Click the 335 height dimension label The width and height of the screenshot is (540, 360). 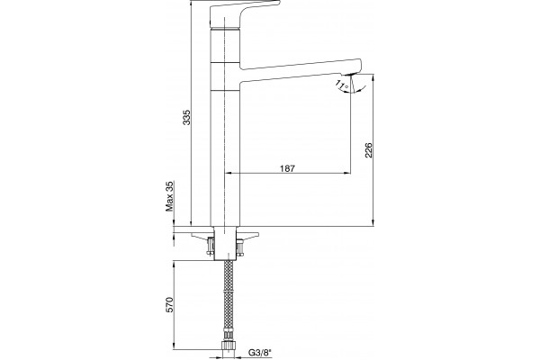tap(186, 118)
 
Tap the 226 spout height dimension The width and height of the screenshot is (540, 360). tap(369, 150)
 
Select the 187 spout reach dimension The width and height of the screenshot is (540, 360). tap(288, 168)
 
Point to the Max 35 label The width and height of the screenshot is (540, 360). tap(170, 196)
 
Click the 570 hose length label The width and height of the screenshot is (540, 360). tap(170, 304)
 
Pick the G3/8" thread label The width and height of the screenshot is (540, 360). tap(260, 353)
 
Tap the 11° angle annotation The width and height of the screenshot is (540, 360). tap(342, 85)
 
